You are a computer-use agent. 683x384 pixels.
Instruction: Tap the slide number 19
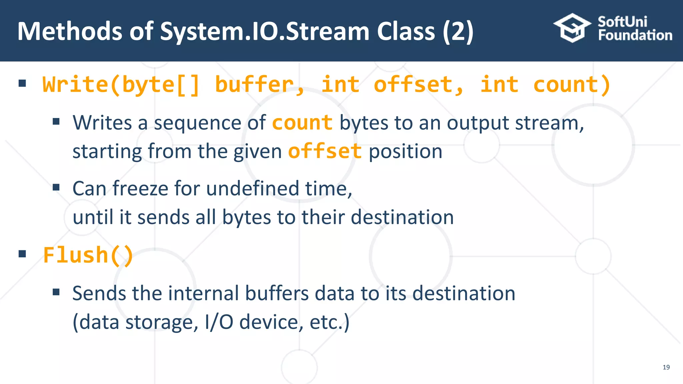[x=666, y=367]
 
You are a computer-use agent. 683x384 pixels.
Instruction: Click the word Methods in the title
[x=70, y=31]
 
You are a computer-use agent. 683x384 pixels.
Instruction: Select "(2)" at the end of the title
[x=458, y=31]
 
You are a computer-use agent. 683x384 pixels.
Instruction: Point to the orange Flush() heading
[x=88, y=256]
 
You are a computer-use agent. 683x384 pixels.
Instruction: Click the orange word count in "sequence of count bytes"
[x=302, y=123]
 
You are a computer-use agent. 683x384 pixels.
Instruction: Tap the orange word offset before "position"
[x=324, y=151]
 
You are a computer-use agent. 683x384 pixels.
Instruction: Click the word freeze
[x=140, y=189]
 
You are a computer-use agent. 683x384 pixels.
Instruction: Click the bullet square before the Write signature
[x=22, y=83]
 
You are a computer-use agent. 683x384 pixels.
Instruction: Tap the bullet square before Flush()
[x=22, y=254]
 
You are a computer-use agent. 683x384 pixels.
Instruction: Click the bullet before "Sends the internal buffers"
[x=56, y=292]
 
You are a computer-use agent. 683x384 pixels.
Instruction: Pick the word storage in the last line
[x=159, y=322]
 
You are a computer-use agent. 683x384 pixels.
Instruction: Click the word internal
[x=203, y=294]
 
